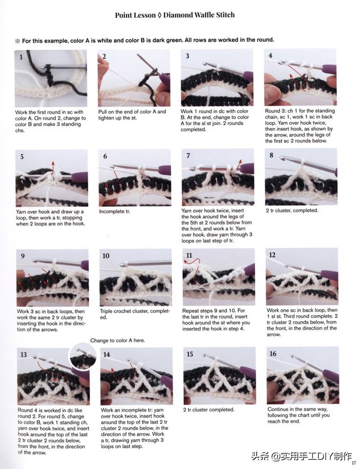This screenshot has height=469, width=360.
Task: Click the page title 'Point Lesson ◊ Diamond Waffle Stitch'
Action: click(175, 15)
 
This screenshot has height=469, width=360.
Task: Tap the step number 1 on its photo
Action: click(21, 57)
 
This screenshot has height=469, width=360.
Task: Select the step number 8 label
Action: click(271, 155)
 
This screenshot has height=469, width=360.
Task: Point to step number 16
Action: click(273, 354)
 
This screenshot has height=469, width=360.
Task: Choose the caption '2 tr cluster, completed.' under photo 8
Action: click(292, 210)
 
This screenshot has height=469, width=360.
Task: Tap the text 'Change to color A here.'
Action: click(117, 341)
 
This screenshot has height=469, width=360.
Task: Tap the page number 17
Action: click(354, 463)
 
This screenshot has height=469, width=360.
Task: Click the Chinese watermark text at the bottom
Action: click(301, 456)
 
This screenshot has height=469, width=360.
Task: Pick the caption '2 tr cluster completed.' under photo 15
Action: click(209, 409)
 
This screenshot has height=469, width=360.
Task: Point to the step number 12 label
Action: click(272, 255)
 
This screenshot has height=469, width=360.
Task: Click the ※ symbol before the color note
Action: click(18, 41)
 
